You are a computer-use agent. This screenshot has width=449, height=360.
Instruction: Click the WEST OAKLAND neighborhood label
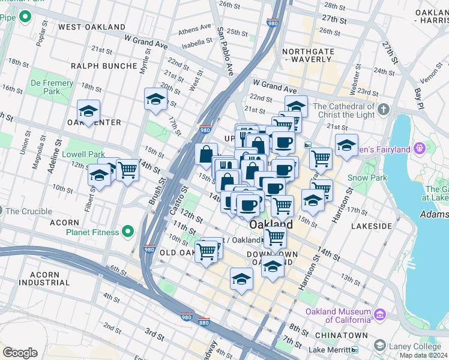(x=92, y=27)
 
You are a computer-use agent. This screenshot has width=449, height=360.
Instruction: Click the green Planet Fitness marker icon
(x=127, y=231)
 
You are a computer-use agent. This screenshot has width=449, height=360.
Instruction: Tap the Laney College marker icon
(x=379, y=345)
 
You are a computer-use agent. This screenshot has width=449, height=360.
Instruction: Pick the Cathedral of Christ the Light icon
(x=384, y=110)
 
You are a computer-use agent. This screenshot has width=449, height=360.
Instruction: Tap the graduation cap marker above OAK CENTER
(x=88, y=111)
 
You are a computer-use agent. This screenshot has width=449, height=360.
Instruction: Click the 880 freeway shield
(x=204, y=322)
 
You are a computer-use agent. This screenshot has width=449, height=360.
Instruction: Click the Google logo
(x=20, y=352)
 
